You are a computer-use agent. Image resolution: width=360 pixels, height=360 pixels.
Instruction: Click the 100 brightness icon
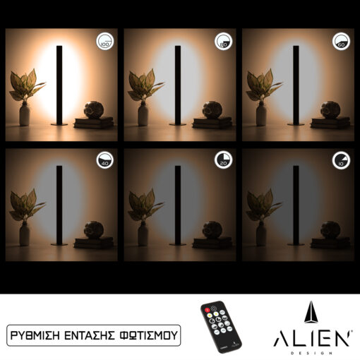(104, 42)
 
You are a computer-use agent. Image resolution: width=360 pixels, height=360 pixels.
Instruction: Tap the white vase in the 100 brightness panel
(25, 114)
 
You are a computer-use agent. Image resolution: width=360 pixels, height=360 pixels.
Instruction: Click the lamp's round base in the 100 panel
(59, 124)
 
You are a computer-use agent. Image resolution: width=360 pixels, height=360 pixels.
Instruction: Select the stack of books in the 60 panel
(330, 123)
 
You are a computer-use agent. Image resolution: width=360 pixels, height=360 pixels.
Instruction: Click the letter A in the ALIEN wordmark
(281, 338)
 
